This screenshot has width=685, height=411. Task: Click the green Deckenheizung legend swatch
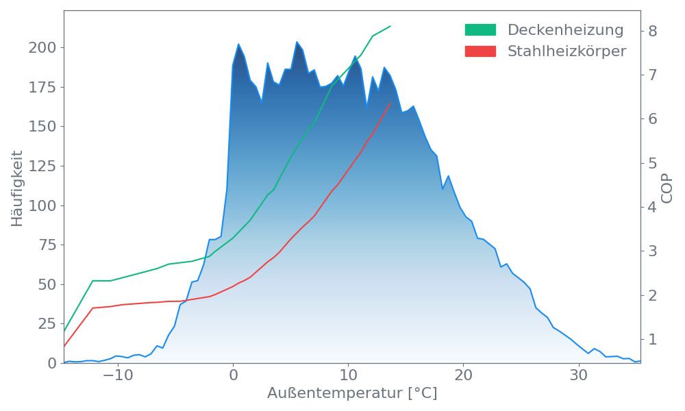[480, 30]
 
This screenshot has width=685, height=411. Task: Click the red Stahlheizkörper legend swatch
[480, 51]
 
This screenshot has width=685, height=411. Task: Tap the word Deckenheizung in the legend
[565, 30]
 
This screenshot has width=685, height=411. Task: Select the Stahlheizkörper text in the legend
[566, 51]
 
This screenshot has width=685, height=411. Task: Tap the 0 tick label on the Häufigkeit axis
[51, 363]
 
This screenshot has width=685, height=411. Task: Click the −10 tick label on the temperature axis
[114, 377]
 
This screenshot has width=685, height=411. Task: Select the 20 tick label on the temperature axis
[464, 377]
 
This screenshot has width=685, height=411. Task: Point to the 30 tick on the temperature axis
[579, 377]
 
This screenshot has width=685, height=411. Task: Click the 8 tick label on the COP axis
[653, 31]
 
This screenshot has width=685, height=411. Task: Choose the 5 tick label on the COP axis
[653, 163]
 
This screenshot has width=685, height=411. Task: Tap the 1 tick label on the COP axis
[653, 339]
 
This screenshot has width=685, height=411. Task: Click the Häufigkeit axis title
[17, 188]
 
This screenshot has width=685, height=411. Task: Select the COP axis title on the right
[668, 187]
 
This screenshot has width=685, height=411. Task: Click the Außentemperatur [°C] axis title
[352, 394]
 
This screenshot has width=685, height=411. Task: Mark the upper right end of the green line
[390, 26]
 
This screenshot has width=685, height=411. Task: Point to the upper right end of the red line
[390, 103]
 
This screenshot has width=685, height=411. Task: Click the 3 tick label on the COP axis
[653, 251]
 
